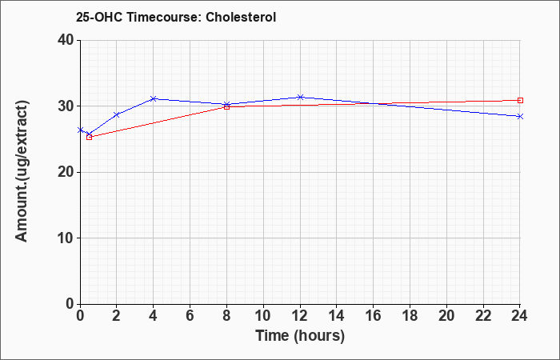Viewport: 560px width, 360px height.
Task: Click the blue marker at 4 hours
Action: pyautogui.click(x=154, y=98)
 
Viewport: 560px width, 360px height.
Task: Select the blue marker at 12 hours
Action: pyautogui.click(x=300, y=97)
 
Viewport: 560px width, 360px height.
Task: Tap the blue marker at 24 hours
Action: pyautogui.click(x=520, y=117)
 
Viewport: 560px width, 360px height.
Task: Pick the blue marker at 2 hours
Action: pyautogui.click(x=117, y=114)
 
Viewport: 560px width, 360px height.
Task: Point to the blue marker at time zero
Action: pyautogui.click(x=80, y=130)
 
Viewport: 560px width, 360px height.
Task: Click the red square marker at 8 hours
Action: pyautogui.click(x=226, y=106)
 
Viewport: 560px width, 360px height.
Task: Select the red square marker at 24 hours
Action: pyautogui.click(x=520, y=100)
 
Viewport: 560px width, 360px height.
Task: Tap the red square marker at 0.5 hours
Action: pyautogui.click(x=90, y=137)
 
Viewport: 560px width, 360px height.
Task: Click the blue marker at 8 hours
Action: pyautogui.click(x=226, y=104)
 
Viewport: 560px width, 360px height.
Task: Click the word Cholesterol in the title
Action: pyautogui.click(x=241, y=17)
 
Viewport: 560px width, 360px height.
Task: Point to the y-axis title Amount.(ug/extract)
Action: pyautogui.click(x=22, y=171)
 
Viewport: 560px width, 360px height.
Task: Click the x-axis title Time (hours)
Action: pyautogui.click(x=300, y=336)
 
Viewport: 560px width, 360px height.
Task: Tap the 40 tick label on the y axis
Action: pyautogui.click(x=66, y=40)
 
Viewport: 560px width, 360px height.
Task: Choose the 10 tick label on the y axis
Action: pyautogui.click(x=66, y=238)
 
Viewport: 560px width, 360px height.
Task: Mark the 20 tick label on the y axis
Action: pyautogui.click(x=66, y=172)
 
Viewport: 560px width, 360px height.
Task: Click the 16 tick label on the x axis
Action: pyautogui.click(x=374, y=316)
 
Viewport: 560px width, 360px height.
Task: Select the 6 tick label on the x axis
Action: pyautogui.click(x=190, y=316)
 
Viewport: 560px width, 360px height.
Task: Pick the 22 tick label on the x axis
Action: pyautogui.click(x=483, y=316)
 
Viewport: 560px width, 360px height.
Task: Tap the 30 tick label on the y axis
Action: pyautogui.click(x=66, y=106)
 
